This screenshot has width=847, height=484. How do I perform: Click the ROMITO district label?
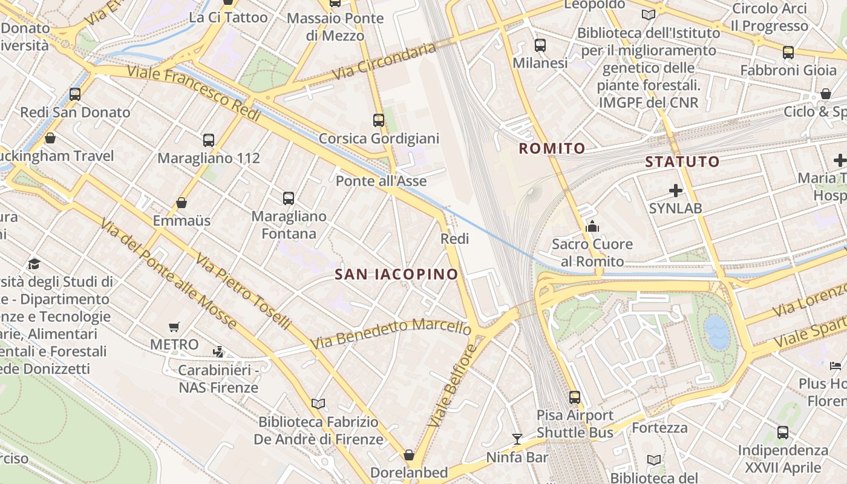pos(552,148)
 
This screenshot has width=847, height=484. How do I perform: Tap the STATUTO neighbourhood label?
pos(682,162)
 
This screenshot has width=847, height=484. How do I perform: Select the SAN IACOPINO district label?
pos(396,275)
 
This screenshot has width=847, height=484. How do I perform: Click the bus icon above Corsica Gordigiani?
pos(379,120)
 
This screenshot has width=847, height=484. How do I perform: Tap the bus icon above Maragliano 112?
pos(209,140)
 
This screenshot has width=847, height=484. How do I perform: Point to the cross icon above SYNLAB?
pos(675,191)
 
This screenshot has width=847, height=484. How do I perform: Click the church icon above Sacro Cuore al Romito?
pos(592,227)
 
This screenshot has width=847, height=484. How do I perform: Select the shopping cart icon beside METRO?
pos(174,327)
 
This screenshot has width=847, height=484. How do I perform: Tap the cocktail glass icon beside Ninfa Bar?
pos(517,439)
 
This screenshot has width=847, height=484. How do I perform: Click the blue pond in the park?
pos(718,333)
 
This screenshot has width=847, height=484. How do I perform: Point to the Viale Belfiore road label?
pos(452,385)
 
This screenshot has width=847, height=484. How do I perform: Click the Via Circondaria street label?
pos(384,62)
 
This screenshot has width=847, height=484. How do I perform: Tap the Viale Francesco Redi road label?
pos(194,94)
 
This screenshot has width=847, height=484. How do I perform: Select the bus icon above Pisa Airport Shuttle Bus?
pos(575,397)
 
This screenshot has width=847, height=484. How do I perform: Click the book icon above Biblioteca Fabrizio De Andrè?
pos(318,404)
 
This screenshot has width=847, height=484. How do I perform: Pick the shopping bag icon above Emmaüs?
pos(181,203)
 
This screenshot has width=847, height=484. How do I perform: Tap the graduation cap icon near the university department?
pos(34,264)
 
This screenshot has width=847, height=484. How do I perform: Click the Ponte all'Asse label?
pos(381,181)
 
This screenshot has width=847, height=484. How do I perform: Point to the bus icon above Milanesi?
pos(540,45)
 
